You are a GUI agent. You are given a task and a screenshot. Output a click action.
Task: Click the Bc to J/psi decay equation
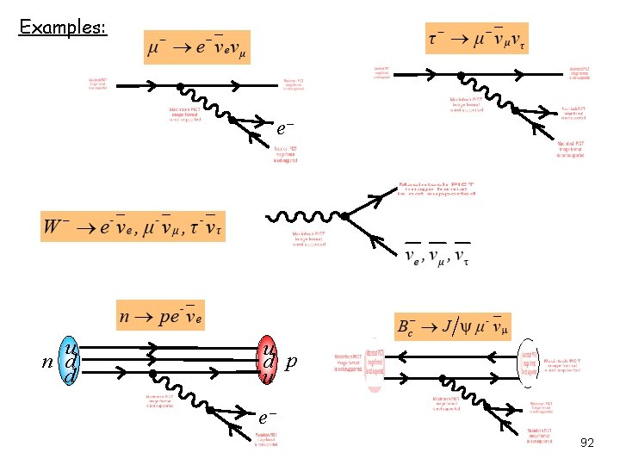click(x=453, y=326)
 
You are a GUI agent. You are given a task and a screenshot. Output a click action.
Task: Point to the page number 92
click(x=587, y=443)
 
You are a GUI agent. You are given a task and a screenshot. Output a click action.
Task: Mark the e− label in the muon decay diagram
click(x=286, y=127)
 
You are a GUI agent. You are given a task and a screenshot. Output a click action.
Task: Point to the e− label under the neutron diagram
click(x=267, y=418)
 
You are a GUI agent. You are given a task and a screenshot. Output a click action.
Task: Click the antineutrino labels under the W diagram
click(x=437, y=255)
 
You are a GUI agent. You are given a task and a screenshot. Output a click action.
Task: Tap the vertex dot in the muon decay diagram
click(x=179, y=86)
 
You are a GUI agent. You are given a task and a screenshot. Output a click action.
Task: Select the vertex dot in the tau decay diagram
click(x=460, y=72)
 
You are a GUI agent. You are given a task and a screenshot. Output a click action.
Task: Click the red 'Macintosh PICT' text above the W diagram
click(x=437, y=189)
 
